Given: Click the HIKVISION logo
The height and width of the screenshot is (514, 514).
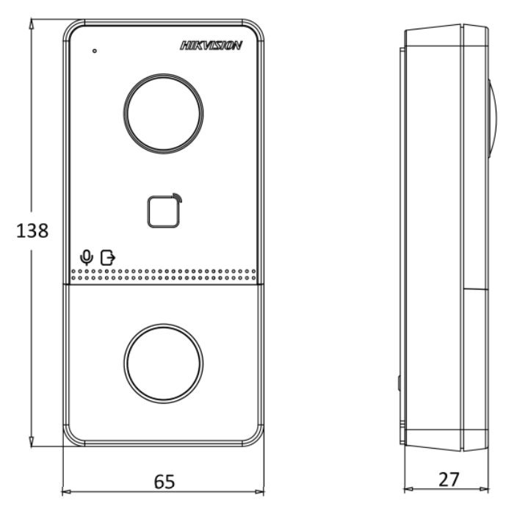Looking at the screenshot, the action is pyautogui.click(x=211, y=46).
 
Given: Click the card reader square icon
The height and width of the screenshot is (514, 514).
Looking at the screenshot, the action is pyautogui.click(x=163, y=211).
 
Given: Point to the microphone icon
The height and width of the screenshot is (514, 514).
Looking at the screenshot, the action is pyautogui.click(x=87, y=257).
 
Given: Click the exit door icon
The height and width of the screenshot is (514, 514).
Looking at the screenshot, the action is pyautogui.click(x=108, y=258).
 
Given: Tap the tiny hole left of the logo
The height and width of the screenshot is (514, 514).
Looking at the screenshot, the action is pyautogui.click(x=95, y=51).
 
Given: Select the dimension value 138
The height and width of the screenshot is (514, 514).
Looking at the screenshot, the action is pyautogui.click(x=32, y=231).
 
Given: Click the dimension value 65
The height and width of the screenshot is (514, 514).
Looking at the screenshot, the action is pyautogui.click(x=164, y=482).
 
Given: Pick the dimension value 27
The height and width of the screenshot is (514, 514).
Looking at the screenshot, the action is pyautogui.click(x=449, y=479).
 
